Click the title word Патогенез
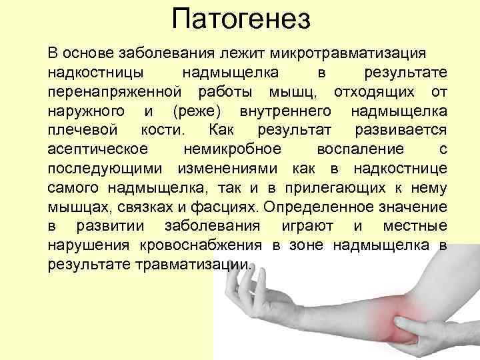click(x=241, y=19)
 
